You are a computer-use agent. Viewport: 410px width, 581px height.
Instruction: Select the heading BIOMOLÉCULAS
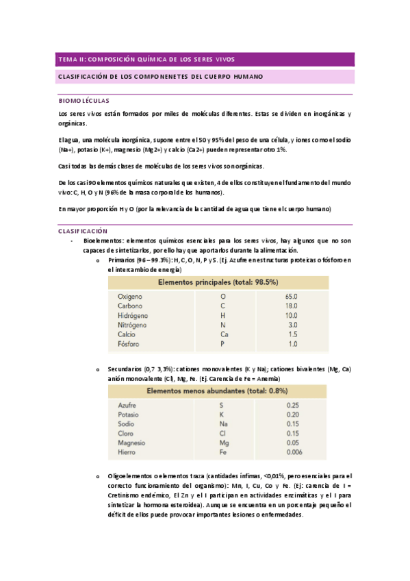pos(84,100)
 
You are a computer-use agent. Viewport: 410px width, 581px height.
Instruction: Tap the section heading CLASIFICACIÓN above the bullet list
pos(83,231)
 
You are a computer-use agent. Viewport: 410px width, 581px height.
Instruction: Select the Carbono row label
pos(130,306)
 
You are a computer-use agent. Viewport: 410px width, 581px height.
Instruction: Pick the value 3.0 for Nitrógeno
pos(293,325)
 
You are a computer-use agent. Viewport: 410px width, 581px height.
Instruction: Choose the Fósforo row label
pos(129,344)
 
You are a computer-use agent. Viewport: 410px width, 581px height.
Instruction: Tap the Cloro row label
pos(126,434)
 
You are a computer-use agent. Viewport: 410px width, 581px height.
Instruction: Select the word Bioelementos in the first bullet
pos(103,241)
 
